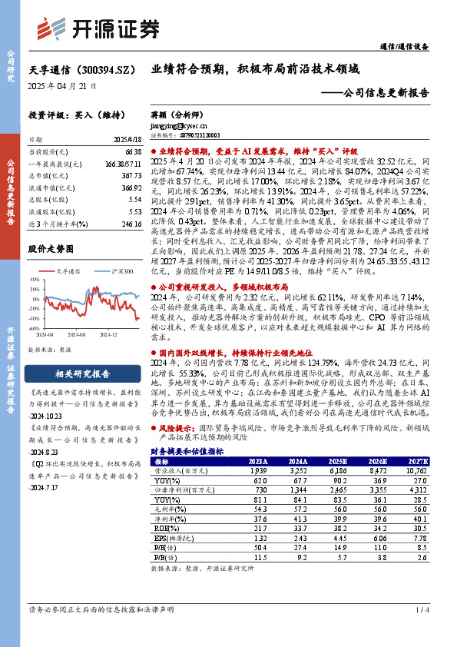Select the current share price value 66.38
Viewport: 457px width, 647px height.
pos(131,154)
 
